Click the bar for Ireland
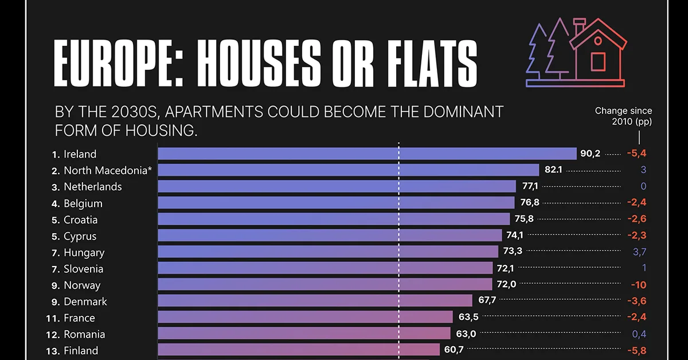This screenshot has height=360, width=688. (367, 154)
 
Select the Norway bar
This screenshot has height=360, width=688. (325, 284)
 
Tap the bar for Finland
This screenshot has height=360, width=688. (299, 350)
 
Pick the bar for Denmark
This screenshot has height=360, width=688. (315, 301)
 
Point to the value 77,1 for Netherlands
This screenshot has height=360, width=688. (530, 186)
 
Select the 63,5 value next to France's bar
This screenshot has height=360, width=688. (467, 317)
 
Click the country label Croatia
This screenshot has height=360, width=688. (80, 220)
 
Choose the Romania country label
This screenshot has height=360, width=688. (84, 334)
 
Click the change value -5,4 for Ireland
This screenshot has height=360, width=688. (636, 154)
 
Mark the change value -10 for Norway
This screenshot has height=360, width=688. (639, 284)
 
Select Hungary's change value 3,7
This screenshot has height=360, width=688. (639, 252)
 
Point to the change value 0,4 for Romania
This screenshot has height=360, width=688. (639, 334)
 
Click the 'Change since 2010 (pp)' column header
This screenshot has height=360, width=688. (623, 116)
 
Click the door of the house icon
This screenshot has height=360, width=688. (598, 61)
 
